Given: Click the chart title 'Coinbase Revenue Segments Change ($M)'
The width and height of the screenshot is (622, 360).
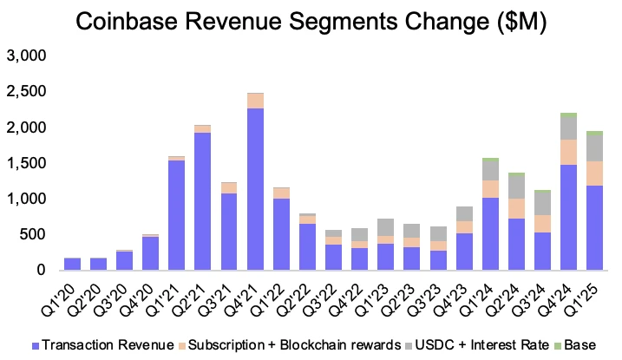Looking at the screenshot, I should (311, 23).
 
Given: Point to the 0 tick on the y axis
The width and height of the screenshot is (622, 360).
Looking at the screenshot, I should (40, 271).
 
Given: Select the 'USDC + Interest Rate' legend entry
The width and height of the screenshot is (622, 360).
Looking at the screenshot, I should (482, 346).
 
